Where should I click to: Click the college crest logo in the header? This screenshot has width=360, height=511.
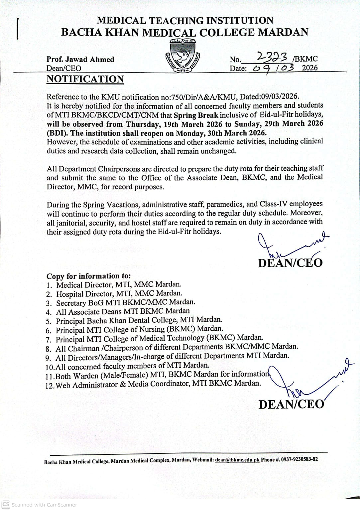(182, 56)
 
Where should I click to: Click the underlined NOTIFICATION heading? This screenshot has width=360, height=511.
(85, 79)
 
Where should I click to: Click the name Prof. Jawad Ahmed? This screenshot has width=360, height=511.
(80, 60)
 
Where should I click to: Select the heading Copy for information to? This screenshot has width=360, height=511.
(89, 276)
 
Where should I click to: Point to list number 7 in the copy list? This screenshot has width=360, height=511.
(49, 340)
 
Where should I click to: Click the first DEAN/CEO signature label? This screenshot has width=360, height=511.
(290, 263)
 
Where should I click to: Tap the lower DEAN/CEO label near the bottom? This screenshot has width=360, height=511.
(291, 404)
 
